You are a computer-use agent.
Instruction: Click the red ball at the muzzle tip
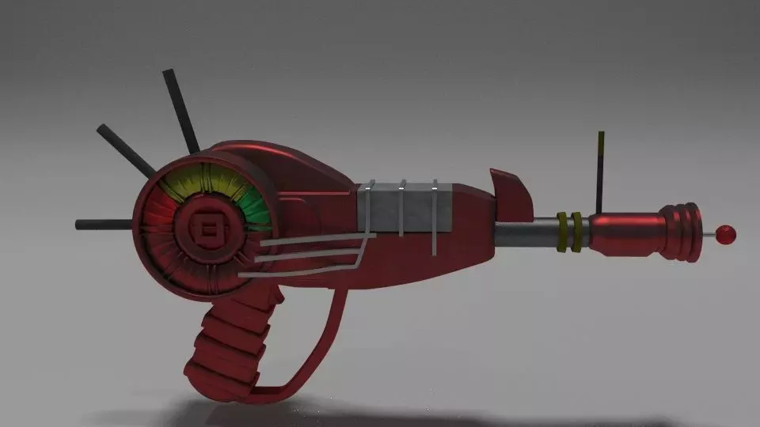click(x=725, y=233)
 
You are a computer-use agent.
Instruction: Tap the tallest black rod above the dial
click(x=180, y=111)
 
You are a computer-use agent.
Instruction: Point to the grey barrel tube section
click(x=526, y=234)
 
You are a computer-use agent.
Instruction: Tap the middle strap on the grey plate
click(x=402, y=209)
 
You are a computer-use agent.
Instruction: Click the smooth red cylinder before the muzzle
click(x=625, y=233)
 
